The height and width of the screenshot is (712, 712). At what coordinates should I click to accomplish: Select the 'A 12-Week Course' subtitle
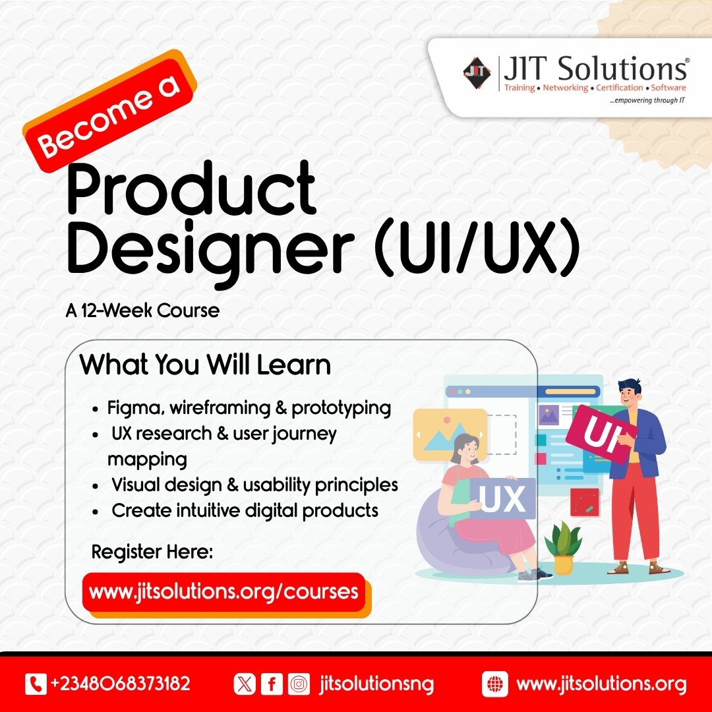click(x=142, y=310)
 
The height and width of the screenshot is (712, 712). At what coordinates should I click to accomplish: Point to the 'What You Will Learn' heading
click(x=205, y=365)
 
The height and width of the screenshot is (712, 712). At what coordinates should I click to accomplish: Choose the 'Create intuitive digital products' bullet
click(x=245, y=510)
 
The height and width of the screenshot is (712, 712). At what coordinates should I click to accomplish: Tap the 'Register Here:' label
click(x=152, y=551)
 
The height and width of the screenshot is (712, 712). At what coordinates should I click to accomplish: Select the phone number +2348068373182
click(x=120, y=684)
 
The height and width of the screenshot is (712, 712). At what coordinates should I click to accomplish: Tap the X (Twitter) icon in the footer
click(x=244, y=684)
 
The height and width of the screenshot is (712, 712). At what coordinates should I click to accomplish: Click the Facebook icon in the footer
click(x=270, y=684)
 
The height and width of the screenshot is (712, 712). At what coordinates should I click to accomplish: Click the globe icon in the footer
click(x=494, y=684)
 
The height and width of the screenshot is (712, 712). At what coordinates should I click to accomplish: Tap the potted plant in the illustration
click(x=562, y=547)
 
